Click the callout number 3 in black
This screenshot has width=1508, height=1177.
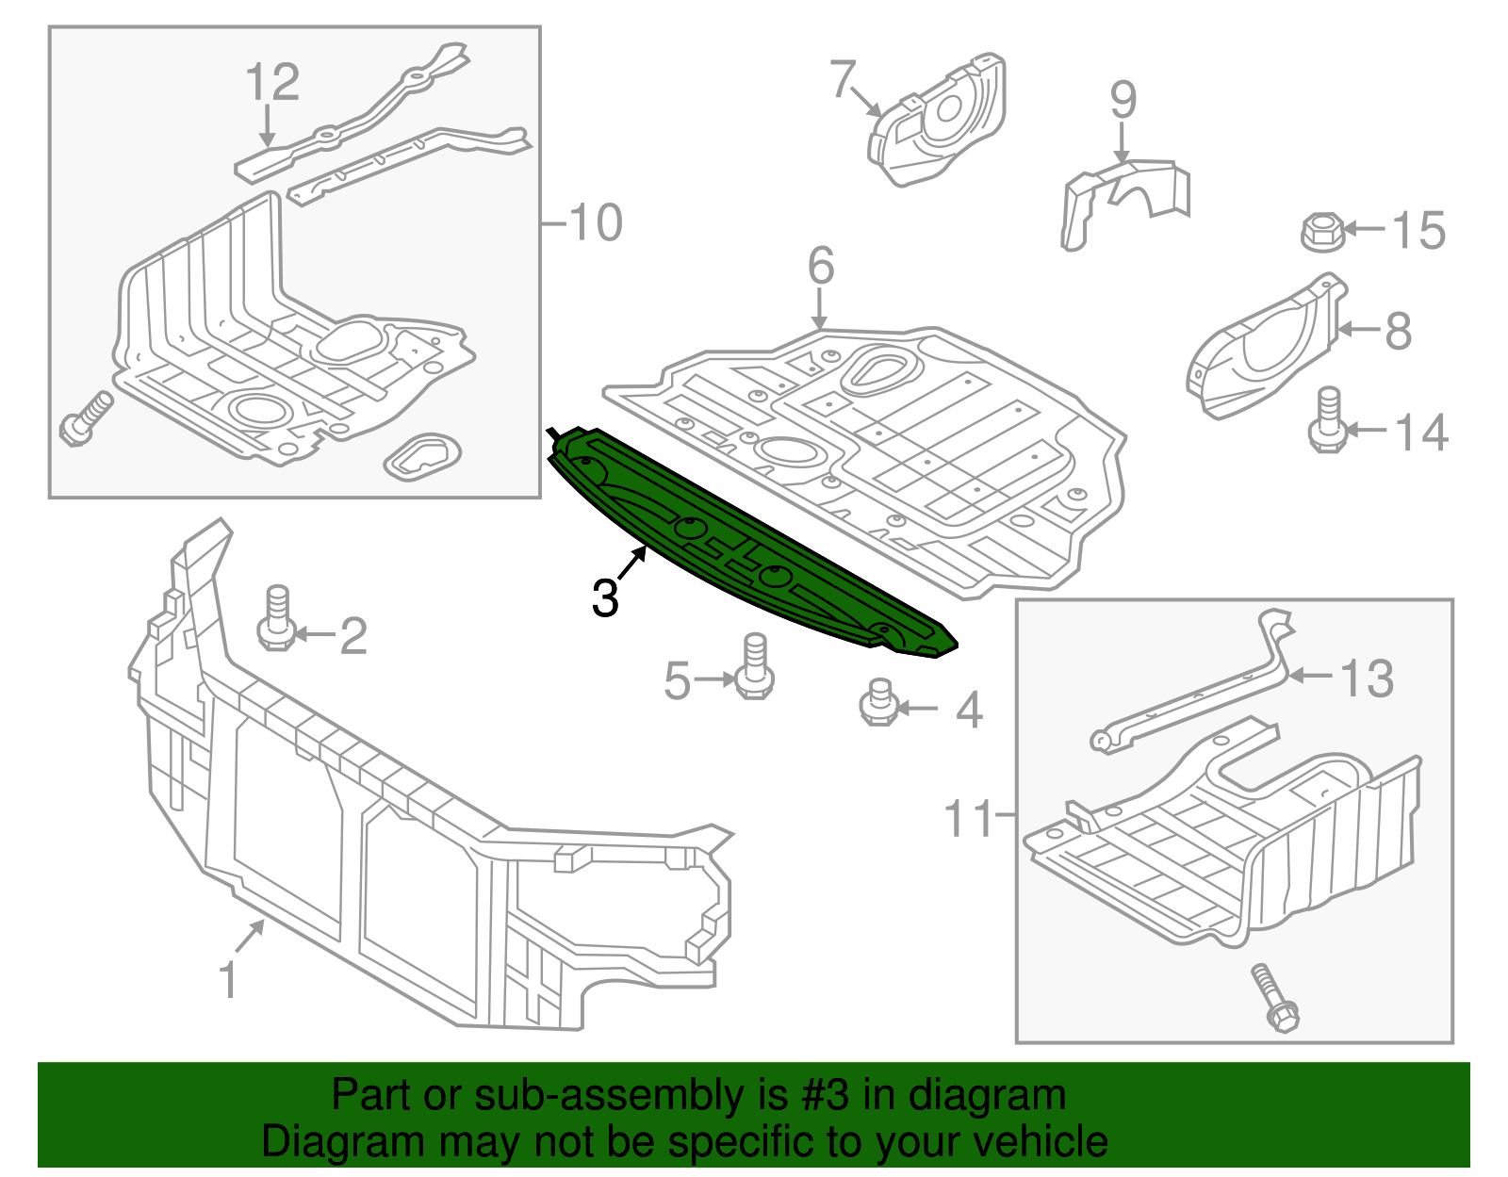point(604,597)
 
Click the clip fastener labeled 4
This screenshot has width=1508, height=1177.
point(877,703)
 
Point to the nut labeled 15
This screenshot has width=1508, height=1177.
point(1322,231)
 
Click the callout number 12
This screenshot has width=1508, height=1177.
point(272,82)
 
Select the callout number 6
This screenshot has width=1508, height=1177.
point(821,266)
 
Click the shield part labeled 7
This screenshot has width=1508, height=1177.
point(938,123)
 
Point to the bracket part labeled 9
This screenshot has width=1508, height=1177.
point(1122,203)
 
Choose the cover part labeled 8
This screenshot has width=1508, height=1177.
point(1263,349)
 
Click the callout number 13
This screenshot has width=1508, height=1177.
point(1367,678)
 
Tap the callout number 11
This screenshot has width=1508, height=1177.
point(970,818)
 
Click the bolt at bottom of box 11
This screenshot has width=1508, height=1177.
point(1273,998)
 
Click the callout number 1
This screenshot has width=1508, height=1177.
point(228,980)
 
